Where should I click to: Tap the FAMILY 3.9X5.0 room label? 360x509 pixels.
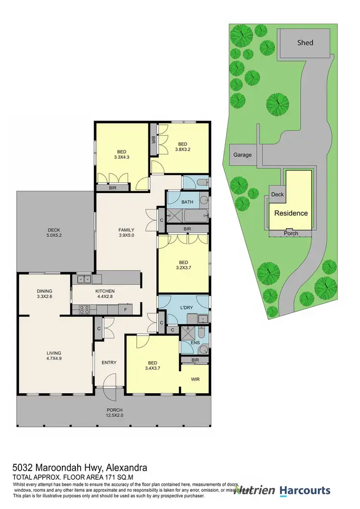(x=127, y=232)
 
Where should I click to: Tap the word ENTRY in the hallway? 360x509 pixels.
(x=109, y=363)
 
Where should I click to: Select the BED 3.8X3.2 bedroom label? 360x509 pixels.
(x=182, y=146)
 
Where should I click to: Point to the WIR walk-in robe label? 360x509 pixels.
(x=195, y=379)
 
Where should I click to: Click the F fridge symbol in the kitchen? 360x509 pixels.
(x=125, y=310)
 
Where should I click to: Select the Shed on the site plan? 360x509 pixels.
(x=305, y=43)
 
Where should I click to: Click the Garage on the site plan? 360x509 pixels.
(x=242, y=155)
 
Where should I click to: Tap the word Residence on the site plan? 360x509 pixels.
(x=291, y=213)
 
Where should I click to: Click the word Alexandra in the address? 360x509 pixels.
(x=126, y=467)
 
